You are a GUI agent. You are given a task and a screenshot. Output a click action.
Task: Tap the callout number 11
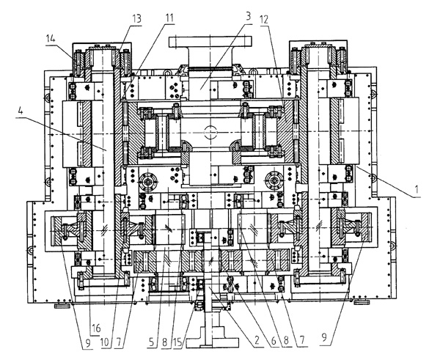pyautogui.click(x=171, y=16)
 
